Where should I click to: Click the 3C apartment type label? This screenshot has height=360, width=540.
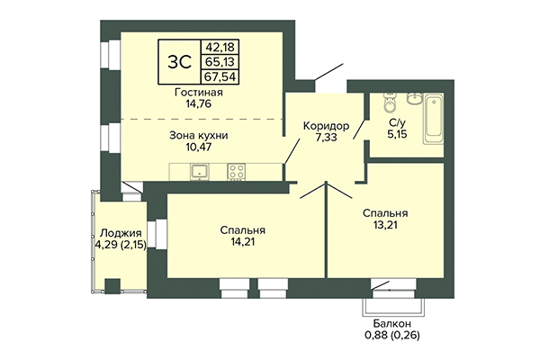(178, 61)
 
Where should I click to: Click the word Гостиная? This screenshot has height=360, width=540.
(200, 93)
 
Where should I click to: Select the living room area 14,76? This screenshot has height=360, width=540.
(200, 106)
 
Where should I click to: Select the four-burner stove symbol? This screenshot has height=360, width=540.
(238, 170)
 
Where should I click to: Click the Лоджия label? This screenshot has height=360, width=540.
(121, 231)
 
